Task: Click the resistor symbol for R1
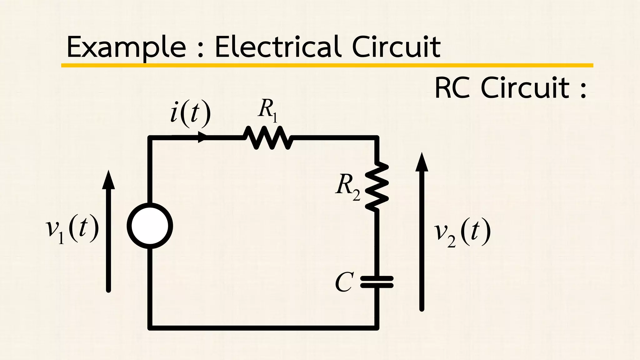click(268, 137)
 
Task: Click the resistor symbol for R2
click(377, 186)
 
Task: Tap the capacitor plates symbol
click(377, 282)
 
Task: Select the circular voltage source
click(150, 226)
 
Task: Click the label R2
click(348, 188)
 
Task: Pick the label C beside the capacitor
click(344, 282)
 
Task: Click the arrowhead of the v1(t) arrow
click(108, 180)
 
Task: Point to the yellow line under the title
click(327, 65)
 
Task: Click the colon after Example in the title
click(201, 48)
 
